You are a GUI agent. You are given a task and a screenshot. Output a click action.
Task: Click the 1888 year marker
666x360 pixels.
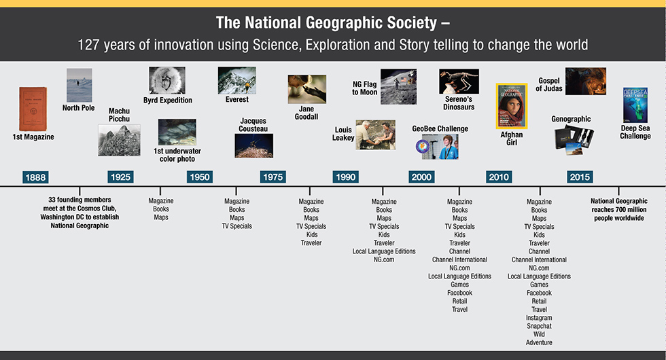pyautogui.click(x=35, y=177)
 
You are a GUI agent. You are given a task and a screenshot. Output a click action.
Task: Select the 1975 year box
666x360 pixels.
pyautogui.click(x=273, y=177)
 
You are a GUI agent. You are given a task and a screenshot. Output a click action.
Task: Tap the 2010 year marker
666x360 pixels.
pyautogui.click(x=499, y=177)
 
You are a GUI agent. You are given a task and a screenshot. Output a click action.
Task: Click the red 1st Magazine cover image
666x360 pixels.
pyautogui.click(x=33, y=109)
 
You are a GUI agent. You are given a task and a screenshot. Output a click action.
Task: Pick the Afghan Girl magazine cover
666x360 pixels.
pyautogui.click(x=511, y=106)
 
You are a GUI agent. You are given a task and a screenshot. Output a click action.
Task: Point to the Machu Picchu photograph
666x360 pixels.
pyautogui.click(x=119, y=140)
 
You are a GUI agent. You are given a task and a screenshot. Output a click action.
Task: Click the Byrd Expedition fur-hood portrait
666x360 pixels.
pyautogui.click(x=167, y=80)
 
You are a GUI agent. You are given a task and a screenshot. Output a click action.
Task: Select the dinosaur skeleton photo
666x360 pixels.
pyautogui.click(x=459, y=82)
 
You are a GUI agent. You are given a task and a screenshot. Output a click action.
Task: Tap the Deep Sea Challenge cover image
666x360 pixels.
pyautogui.click(x=635, y=105)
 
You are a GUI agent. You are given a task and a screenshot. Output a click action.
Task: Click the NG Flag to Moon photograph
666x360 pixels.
pyautogui.click(x=398, y=87)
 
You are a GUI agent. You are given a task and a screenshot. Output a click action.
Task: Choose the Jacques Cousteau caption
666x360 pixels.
pyautogui.click(x=253, y=125)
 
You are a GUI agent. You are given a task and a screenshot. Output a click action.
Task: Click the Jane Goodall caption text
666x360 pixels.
pyautogui.click(x=306, y=113)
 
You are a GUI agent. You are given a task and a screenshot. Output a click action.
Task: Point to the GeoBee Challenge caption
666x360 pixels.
pyautogui.click(x=440, y=128)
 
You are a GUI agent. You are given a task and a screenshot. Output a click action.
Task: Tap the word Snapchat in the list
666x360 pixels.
pyautogui.click(x=539, y=326)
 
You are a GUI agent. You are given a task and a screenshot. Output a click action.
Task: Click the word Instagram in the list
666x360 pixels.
pyautogui.click(x=539, y=318)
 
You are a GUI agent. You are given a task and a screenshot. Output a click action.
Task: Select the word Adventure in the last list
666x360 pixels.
pyautogui.click(x=539, y=342)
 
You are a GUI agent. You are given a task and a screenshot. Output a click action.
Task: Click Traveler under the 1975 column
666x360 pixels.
pyautogui.click(x=311, y=243)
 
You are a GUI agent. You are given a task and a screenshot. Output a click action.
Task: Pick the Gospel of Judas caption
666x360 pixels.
pyautogui.click(x=549, y=84)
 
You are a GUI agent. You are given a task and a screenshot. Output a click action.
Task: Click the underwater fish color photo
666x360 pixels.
pyautogui.click(x=177, y=132)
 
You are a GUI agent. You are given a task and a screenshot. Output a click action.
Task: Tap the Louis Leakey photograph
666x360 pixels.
pyautogui.click(x=375, y=134)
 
